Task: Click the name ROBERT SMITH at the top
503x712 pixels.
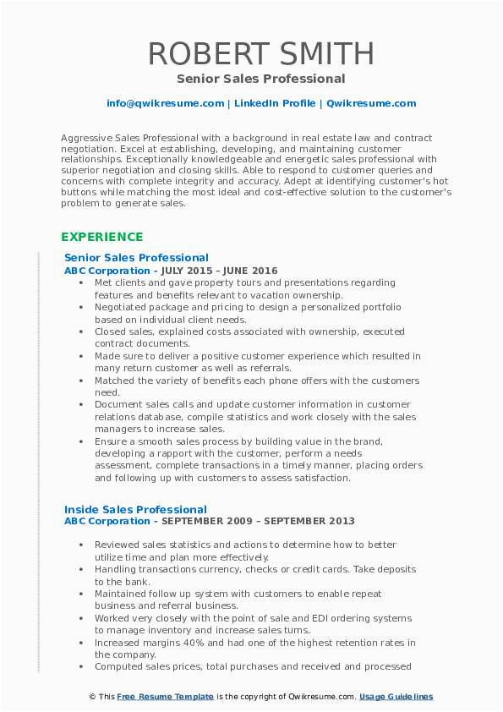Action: (261, 53)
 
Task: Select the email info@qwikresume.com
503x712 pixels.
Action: (166, 103)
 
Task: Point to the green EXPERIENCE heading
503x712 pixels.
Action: (102, 237)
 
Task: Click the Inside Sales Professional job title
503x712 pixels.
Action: (135, 509)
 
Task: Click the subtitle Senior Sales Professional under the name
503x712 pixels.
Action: (261, 79)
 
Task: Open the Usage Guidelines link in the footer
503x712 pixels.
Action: (396, 696)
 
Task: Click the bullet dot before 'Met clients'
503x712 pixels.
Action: (80, 282)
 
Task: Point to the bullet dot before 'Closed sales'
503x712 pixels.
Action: (80, 332)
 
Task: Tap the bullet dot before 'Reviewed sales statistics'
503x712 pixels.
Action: (80, 545)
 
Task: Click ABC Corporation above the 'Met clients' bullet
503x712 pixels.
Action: (107, 270)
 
